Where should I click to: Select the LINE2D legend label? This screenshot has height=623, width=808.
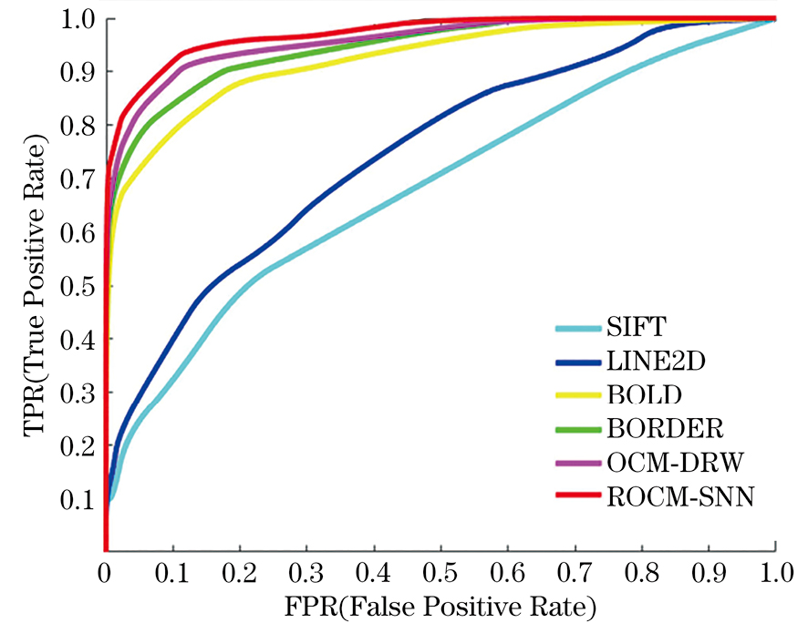coord(645,363)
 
